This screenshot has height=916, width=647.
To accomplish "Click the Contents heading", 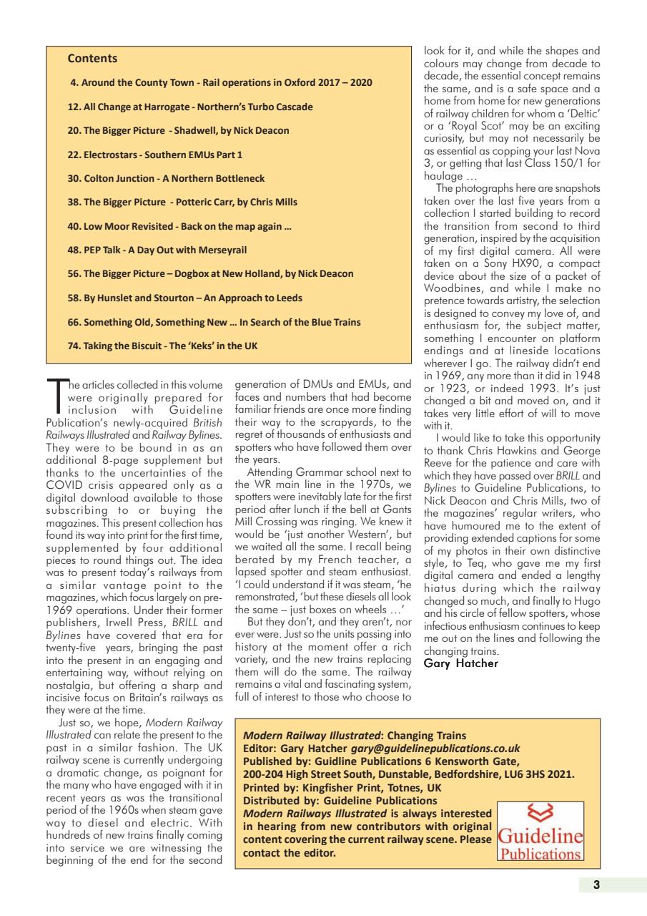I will pos(92,59).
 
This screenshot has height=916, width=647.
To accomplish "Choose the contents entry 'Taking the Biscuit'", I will pos(162,345).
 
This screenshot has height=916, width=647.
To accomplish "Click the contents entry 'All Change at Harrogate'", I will pos(189,107).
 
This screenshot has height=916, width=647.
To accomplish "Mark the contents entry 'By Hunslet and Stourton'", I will pos(184,297).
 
